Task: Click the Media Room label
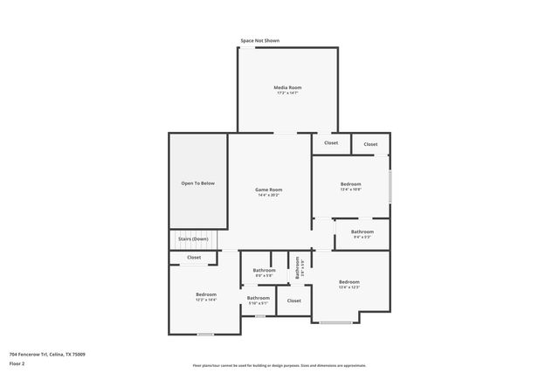click(x=287, y=87)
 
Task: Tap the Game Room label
click(x=268, y=190)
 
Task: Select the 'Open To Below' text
click(x=197, y=183)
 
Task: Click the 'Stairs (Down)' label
click(x=193, y=238)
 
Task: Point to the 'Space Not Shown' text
click(x=260, y=41)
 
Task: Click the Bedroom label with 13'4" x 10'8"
click(x=350, y=183)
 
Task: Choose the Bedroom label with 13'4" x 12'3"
click(x=349, y=281)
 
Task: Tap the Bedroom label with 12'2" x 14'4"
click(x=205, y=294)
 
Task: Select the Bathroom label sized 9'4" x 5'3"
click(x=362, y=231)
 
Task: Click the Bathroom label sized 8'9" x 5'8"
click(x=264, y=270)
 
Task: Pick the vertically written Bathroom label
click(x=297, y=266)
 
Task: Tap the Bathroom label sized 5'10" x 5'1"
click(x=258, y=298)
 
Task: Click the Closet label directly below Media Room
click(x=331, y=143)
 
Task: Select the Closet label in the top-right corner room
click(x=370, y=144)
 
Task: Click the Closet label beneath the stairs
click(x=194, y=257)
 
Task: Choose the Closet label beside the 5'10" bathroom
click(x=293, y=300)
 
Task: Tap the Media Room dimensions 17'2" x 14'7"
click(x=287, y=93)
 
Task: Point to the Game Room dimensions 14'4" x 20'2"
click(x=268, y=195)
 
